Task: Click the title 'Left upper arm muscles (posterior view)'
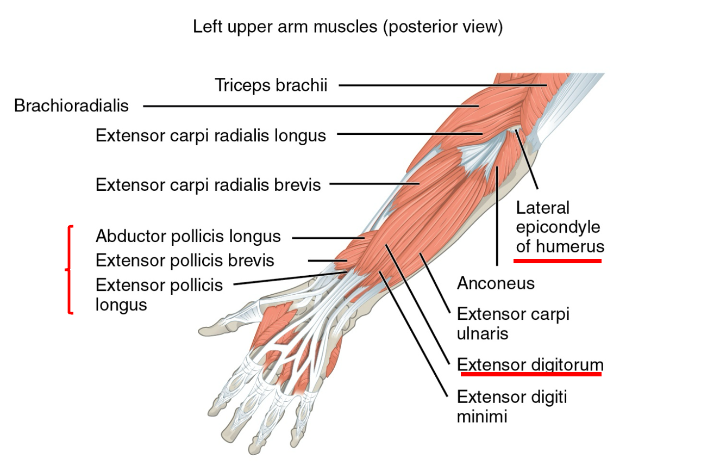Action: pyautogui.click(x=348, y=27)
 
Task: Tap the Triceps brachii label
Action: pyautogui.click(x=271, y=85)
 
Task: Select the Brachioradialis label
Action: pyautogui.click(x=71, y=106)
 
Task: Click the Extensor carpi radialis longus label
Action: pyautogui.click(x=211, y=136)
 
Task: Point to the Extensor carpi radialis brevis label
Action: pyautogui.click(x=208, y=185)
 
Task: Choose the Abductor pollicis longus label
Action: pyautogui.click(x=188, y=237)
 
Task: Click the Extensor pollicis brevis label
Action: pyautogui.click(x=185, y=261)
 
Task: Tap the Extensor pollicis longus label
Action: pyautogui.click(x=159, y=295)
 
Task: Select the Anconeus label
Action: pyautogui.click(x=496, y=283)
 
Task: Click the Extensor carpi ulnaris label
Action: pyautogui.click(x=513, y=324)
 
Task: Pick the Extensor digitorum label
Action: pyautogui.click(x=530, y=365)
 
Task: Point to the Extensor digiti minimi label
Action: pyautogui.click(x=512, y=407)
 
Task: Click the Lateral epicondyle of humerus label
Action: pyautogui.click(x=560, y=227)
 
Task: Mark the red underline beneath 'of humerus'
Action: pyautogui.click(x=558, y=261)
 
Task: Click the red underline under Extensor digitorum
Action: pyautogui.click(x=531, y=374)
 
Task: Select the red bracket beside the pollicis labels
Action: pyautogui.click(x=69, y=269)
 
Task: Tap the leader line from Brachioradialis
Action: pyautogui.click(x=311, y=106)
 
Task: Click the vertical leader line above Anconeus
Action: pyautogui.click(x=497, y=216)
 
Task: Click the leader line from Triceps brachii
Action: pyautogui.click(x=443, y=85)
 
